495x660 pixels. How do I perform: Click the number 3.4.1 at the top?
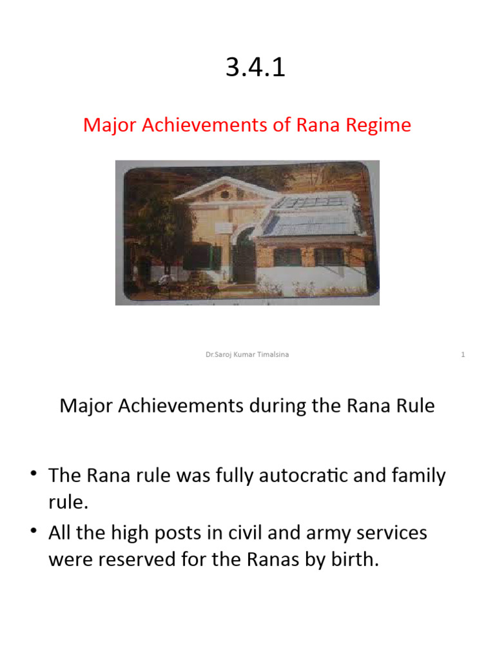255,68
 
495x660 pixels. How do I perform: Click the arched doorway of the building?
244,258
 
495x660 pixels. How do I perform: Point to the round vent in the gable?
224,193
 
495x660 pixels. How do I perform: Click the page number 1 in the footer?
463,354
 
